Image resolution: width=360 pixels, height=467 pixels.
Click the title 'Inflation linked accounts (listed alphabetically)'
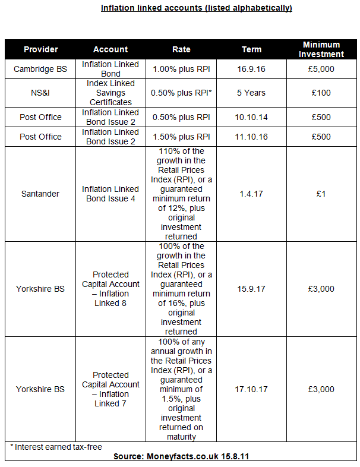(x=196, y=8)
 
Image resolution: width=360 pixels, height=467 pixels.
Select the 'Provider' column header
(x=40, y=49)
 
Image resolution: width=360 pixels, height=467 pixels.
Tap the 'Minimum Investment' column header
(x=321, y=49)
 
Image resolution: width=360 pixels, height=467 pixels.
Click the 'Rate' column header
(x=181, y=49)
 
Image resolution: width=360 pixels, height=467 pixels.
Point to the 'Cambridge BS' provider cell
(x=40, y=69)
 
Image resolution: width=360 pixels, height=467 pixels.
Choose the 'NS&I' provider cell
(x=40, y=93)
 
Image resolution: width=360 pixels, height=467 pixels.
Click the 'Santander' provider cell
(x=40, y=194)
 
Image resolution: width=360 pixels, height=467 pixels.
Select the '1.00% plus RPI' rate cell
(x=181, y=69)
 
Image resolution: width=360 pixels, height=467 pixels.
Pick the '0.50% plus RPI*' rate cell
(x=181, y=93)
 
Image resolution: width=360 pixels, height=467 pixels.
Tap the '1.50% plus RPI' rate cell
(x=181, y=137)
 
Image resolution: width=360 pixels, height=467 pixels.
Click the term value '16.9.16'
(x=251, y=69)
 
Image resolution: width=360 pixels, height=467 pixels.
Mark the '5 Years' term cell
(x=251, y=93)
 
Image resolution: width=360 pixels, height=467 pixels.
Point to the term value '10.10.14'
(x=251, y=117)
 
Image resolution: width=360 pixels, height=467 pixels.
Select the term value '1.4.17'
(x=251, y=194)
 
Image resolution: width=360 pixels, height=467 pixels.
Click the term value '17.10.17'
(x=251, y=389)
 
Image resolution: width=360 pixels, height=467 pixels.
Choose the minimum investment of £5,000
(x=321, y=69)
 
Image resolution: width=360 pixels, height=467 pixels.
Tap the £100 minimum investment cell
(x=321, y=93)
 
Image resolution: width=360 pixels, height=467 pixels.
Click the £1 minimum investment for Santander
(x=321, y=194)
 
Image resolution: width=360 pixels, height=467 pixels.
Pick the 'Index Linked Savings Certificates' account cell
(x=110, y=93)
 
